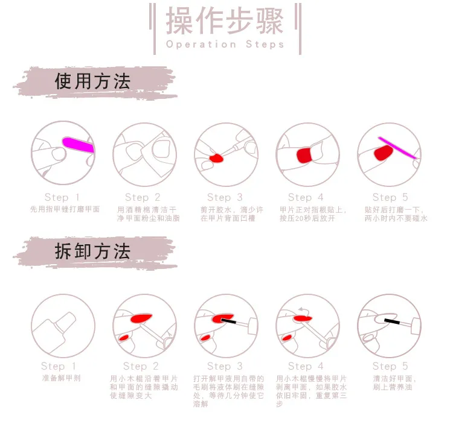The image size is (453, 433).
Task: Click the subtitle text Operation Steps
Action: [225, 45]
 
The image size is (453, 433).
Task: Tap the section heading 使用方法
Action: [92, 82]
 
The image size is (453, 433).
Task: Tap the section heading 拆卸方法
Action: [92, 251]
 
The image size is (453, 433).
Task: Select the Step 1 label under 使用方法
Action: [62, 197]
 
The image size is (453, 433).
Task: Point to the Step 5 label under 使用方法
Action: [390, 197]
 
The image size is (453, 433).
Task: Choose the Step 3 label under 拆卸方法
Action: [225, 366]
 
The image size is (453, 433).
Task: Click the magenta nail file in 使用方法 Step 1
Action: [79, 144]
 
